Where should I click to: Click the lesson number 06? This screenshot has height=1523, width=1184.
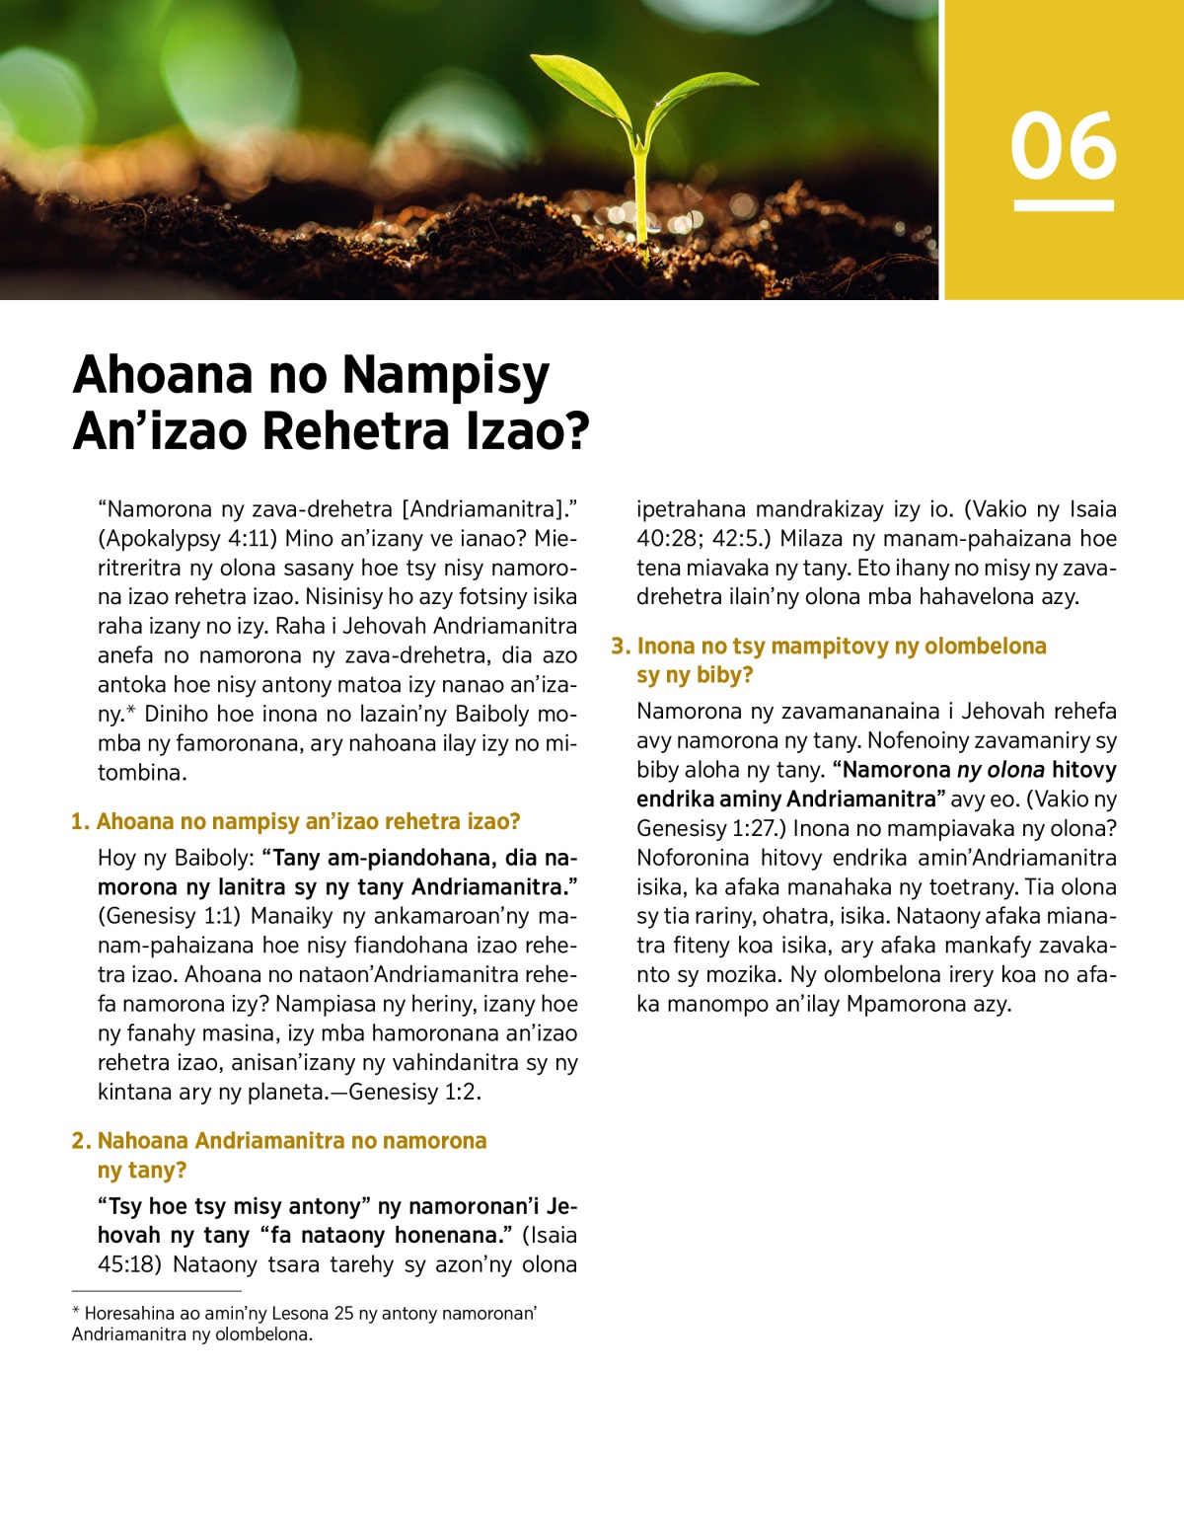click(x=1063, y=146)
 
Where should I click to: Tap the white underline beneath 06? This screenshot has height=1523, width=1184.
click(x=1064, y=205)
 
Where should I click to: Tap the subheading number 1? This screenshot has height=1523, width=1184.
click(x=80, y=822)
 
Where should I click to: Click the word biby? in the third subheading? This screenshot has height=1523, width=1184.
click(x=724, y=676)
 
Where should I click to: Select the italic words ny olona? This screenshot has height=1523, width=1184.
click(x=1000, y=770)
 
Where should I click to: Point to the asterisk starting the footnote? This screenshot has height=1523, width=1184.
click(x=76, y=1313)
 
